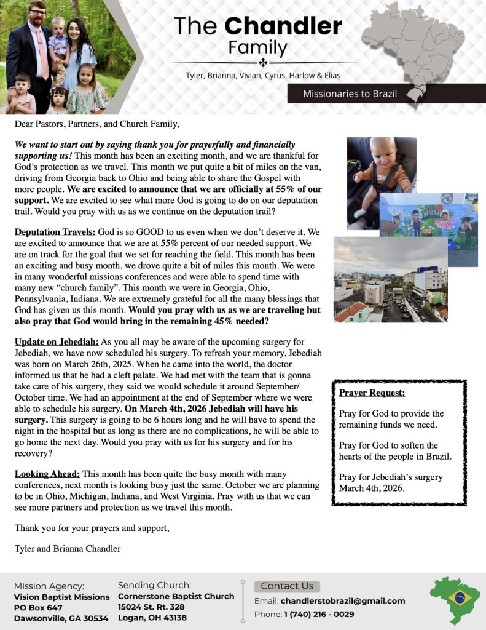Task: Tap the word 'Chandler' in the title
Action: pos(283,26)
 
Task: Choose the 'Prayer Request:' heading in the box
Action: pos(372,393)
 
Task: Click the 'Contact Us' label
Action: pos(287,586)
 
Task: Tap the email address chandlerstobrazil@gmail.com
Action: pos(343,600)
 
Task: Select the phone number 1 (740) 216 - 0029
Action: pos(319,614)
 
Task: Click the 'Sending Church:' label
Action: pos(154,585)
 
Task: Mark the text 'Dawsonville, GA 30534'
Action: pos(61,618)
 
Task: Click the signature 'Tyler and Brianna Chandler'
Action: pos(68,548)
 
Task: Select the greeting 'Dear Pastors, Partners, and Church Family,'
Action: pos(97,124)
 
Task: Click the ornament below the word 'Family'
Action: pos(262,63)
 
